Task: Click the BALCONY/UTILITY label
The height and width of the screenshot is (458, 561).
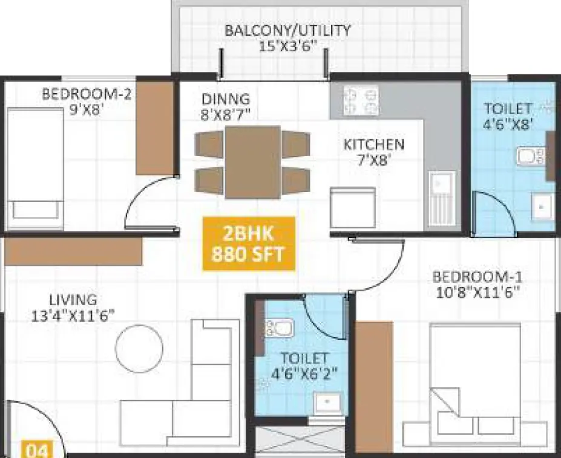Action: pyautogui.click(x=287, y=30)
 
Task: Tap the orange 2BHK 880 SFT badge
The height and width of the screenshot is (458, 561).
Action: pyautogui.click(x=249, y=244)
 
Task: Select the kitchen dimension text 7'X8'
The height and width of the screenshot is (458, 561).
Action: pyautogui.click(x=373, y=160)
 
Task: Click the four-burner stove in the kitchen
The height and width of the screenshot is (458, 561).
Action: pyautogui.click(x=361, y=100)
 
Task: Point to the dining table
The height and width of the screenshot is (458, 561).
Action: pyautogui.click(x=252, y=162)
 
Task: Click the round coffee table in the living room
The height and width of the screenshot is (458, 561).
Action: pyautogui.click(x=139, y=348)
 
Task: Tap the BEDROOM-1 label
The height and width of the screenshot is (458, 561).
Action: pyautogui.click(x=477, y=277)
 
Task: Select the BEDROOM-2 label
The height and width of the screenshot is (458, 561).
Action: pyautogui.click(x=87, y=94)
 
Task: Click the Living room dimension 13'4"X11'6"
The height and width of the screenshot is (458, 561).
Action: pyautogui.click(x=73, y=316)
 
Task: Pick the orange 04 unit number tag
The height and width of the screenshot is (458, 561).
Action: pyautogui.click(x=37, y=450)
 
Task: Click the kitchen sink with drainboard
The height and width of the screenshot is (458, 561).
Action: pyautogui.click(x=442, y=199)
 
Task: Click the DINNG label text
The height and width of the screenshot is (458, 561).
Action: pyautogui.click(x=225, y=99)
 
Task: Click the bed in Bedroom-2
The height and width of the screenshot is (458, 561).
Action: pyautogui.click(x=36, y=170)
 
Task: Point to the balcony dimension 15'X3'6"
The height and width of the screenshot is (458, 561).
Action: pyautogui.click(x=288, y=46)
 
